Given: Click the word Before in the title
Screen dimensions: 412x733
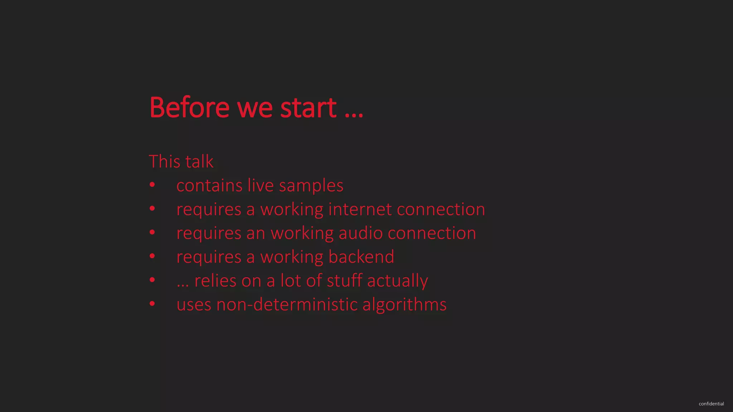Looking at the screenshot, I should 189,107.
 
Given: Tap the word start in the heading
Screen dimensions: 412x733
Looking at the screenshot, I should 308,107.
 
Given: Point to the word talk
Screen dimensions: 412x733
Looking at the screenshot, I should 199,161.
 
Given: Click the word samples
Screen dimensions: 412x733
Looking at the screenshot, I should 311,186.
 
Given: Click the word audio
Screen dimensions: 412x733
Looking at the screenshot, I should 360,233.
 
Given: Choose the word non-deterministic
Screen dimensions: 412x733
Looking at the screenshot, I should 287,304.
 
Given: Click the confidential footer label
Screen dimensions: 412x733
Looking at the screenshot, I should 711,404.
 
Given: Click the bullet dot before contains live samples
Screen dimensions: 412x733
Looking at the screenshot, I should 152,185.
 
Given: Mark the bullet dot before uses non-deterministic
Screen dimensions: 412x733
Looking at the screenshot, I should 152,304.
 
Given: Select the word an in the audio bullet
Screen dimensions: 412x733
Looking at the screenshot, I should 256,234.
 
